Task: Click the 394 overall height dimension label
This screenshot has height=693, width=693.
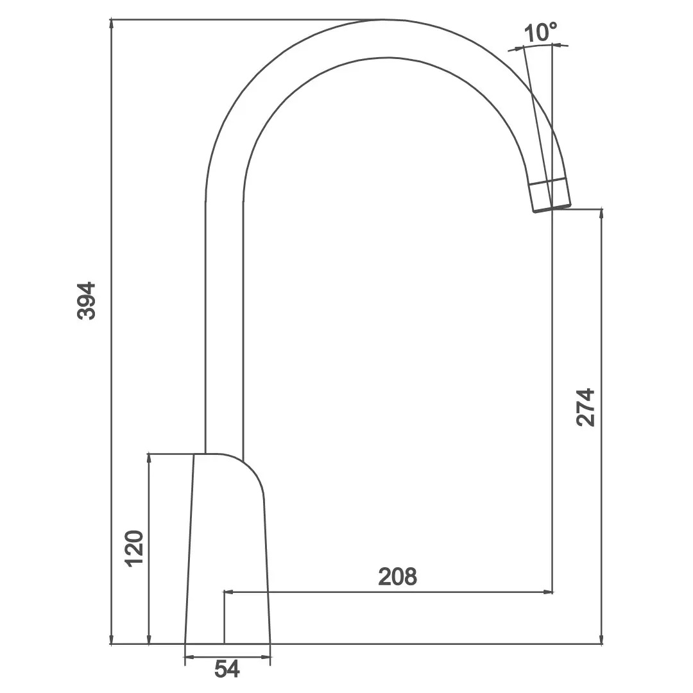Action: tap(86, 300)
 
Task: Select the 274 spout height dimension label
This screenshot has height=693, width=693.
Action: tap(586, 407)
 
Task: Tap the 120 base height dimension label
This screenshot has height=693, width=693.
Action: tap(134, 549)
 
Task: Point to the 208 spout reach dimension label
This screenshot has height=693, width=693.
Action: tap(397, 576)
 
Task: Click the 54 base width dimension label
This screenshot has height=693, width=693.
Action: tap(227, 669)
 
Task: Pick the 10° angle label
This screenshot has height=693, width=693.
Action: tap(540, 32)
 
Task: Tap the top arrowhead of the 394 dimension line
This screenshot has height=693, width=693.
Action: tap(112, 25)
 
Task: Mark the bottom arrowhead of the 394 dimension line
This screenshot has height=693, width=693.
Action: tap(112, 638)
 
